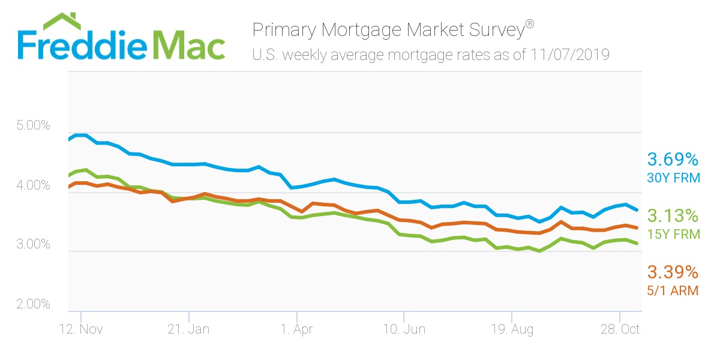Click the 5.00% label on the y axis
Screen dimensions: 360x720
32,126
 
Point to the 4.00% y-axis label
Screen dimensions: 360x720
32,185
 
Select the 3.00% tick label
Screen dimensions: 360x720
32,244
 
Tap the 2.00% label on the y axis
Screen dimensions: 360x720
32,304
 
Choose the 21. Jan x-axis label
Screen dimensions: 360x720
188,329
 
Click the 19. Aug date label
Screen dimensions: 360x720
511,329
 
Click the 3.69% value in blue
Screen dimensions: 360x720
673,160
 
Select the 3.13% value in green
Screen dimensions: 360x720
673,216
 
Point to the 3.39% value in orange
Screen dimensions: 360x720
673,273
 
